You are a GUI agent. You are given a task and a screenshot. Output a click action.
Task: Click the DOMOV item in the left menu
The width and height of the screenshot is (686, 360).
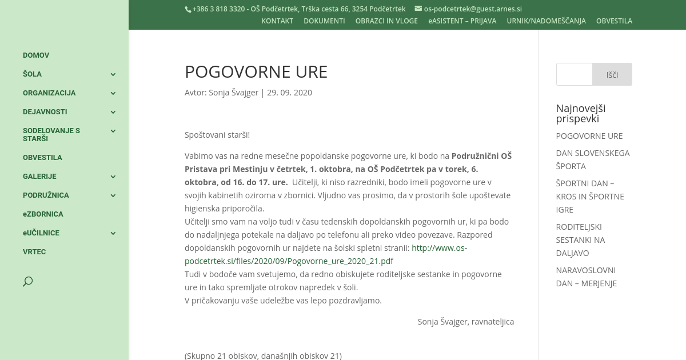36,55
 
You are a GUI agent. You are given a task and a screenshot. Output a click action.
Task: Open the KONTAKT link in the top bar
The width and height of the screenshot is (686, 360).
277,21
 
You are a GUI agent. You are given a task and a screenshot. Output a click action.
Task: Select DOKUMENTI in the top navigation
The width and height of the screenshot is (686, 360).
324,21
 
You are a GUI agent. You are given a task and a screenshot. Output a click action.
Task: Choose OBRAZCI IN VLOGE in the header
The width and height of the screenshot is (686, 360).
386,21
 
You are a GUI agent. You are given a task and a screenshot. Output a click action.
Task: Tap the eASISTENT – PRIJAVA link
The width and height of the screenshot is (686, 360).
462,21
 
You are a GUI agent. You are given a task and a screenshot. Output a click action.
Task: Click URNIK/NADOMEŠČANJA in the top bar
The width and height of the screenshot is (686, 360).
546,21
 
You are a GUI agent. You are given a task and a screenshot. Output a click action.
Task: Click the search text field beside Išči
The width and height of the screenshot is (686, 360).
574,74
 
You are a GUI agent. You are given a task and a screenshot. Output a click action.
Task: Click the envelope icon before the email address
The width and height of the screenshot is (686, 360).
418,9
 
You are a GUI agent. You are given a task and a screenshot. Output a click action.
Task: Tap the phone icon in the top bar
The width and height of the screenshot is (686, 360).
188,9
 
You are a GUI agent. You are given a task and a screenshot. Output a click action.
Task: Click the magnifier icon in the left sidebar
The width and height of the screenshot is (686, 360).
27,282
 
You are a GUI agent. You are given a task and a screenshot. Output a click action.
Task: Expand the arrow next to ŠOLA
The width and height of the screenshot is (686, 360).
113,74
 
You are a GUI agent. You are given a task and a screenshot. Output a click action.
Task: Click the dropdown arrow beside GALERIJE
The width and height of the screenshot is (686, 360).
113,177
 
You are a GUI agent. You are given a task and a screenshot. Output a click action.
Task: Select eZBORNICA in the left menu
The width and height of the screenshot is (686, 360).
43,214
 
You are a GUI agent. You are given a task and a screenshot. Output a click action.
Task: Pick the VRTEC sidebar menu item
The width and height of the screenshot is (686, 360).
34,252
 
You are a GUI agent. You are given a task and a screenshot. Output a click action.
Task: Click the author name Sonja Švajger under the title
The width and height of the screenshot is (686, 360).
233,93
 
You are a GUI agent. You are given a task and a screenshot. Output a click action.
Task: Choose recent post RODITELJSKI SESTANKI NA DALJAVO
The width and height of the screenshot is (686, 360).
580,240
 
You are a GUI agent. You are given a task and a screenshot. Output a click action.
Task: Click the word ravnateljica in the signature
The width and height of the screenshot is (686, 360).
492,322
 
